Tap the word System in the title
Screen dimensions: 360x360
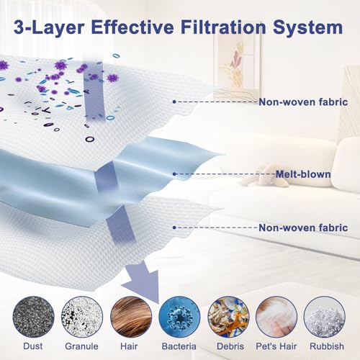coord(307,28)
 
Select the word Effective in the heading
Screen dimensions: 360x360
coord(132,27)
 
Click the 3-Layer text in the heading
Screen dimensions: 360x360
coord(48,28)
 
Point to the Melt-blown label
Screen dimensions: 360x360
coord(303,174)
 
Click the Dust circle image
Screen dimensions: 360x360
coord(33,317)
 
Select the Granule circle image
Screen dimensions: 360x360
coord(82,317)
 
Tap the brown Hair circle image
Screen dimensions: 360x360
coord(131,317)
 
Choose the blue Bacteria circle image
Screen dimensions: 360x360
coord(179,317)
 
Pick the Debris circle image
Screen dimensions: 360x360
coord(228,317)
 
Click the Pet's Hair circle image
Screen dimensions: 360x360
coord(276,317)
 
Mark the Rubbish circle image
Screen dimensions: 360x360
coord(325,317)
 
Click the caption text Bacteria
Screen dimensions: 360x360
coord(179,346)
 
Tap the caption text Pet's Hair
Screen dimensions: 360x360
coord(276,346)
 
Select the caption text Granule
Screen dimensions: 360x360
coord(81,346)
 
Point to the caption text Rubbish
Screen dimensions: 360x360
coord(327,346)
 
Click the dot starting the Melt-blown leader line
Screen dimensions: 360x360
coord(174,174)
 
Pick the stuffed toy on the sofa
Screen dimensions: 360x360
coord(265,176)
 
